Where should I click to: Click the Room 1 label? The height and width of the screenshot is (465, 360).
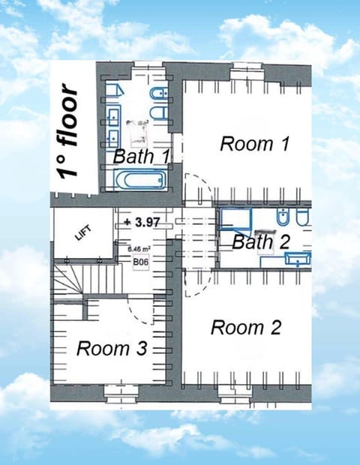tap(254, 144)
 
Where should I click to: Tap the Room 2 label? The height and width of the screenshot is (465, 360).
tap(246, 328)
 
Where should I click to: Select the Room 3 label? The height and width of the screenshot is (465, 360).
tap(112, 348)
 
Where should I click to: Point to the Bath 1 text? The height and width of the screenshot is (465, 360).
tap(141, 156)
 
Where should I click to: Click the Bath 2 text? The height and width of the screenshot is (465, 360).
tap(261, 241)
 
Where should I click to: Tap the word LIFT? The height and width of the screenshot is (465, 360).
tap(83, 233)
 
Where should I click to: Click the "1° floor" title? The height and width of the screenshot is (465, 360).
tap(68, 131)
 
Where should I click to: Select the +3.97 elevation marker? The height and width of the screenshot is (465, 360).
tap(142, 222)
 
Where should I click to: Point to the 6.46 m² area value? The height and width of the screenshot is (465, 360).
tap(139, 248)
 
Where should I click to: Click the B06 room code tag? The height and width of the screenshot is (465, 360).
tap(140, 262)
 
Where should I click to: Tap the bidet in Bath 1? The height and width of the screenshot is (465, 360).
tap(159, 94)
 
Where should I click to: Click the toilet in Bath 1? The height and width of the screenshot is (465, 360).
tap(159, 113)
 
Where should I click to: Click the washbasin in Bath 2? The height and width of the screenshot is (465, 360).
tap(298, 258)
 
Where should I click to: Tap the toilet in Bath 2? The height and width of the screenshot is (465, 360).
tap(303, 217)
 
